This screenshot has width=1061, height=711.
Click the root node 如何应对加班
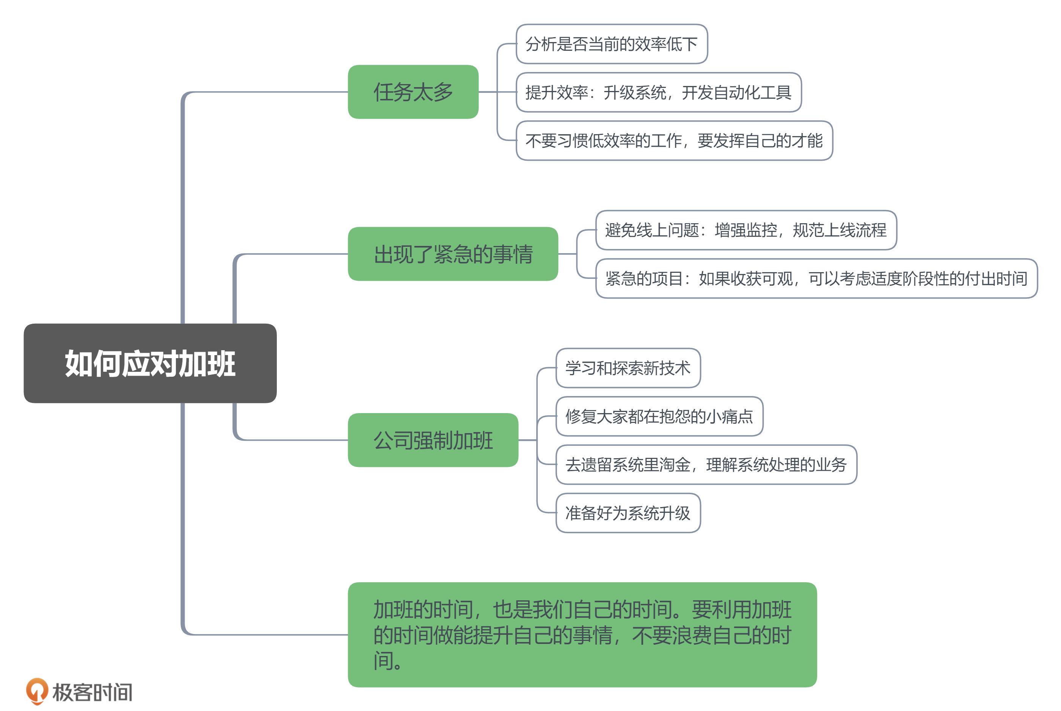click(150, 363)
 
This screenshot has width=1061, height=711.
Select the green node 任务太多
click(413, 92)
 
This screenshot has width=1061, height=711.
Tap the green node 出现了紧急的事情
click(453, 254)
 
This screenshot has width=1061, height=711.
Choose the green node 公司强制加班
click(433, 440)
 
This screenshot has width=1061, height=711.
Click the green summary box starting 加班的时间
click(582, 634)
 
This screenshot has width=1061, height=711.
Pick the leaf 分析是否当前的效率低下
click(612, 44)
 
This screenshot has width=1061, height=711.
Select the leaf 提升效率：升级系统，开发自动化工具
click(658, 92)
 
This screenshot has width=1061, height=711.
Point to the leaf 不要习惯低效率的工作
click(674, 141)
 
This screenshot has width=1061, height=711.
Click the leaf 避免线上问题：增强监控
click(746, 230)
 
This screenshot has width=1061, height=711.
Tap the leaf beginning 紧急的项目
click(816, 279)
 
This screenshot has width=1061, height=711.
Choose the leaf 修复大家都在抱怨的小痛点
click(659, 416)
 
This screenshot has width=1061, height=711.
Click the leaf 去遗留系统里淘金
click(706, 465)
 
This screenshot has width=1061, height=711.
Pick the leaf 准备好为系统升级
click(628, 513)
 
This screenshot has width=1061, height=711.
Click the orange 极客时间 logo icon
click(37, 691)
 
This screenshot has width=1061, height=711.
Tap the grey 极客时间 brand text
click(93, 692)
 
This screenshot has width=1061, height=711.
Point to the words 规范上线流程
click(839, 230)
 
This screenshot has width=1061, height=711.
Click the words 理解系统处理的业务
click(776, 465)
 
